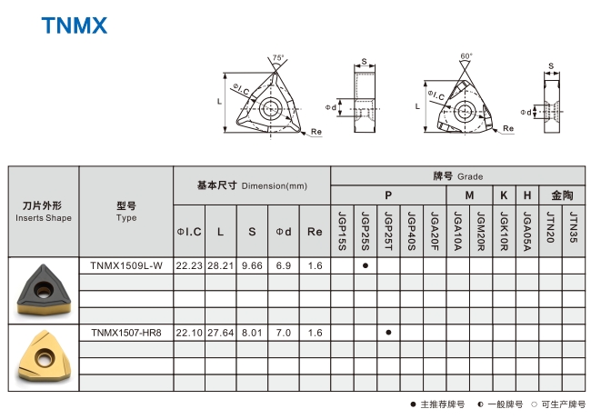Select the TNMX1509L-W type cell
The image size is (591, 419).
(x=126, y=265)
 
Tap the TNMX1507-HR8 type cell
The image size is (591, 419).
(x=126, y=333)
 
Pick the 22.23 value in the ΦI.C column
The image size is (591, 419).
(x=188, y=265)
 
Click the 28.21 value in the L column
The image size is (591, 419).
(x=220, y=265)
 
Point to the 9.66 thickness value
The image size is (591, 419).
(x=252, y=265)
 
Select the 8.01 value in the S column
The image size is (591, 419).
(x=252, y=333)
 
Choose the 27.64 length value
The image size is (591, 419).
(x=220, y=333)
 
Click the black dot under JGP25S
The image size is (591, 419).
(x=366, y=265)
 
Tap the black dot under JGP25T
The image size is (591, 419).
(x=388, y=333)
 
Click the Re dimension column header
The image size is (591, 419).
(x=315, y=232)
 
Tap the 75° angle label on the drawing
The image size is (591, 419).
(x=277, y=57)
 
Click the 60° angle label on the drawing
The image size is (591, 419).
(x=466, y=56)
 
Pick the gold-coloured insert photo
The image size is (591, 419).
(x=44, y=357)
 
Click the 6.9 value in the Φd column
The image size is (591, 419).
(x=283, y=265)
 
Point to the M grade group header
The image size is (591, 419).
(x=469, y=195)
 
